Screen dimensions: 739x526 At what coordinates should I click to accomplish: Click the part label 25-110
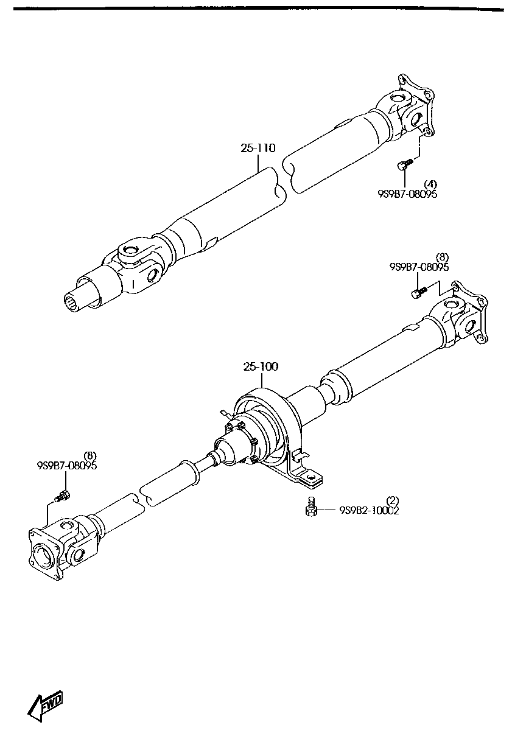click(259, 148)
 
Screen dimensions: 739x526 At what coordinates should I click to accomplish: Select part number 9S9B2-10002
click(369, 511)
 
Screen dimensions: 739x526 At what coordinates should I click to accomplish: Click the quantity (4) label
click(430, 184)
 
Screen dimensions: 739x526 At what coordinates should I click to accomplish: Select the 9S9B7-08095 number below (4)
click(407, 194)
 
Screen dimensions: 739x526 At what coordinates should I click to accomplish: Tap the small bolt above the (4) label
click(404, 164)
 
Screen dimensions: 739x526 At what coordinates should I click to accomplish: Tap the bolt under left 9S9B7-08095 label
click(62, 496)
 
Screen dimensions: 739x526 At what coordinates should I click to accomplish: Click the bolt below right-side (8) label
click(417, 294)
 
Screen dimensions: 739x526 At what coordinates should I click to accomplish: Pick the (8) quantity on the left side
click(89, 455)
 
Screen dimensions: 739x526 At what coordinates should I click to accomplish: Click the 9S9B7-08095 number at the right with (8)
click(419, 267)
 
